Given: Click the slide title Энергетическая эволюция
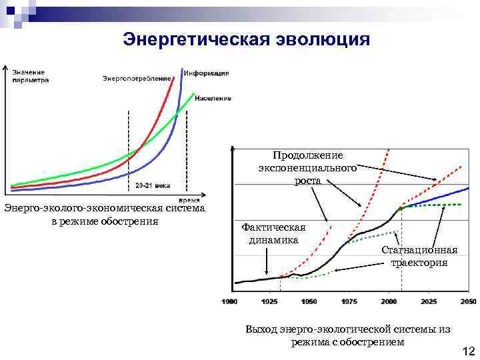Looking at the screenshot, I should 246,40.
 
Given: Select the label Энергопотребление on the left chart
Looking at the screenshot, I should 136,79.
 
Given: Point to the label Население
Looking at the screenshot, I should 213,99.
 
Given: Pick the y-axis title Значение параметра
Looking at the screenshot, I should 30,75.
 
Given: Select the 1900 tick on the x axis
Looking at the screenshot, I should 229,302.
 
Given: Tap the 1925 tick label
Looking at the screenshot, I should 269,302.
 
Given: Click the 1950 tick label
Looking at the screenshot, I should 309,302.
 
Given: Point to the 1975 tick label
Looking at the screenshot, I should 349,302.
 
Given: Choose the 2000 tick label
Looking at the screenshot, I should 389,302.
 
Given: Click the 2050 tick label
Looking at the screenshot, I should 467,302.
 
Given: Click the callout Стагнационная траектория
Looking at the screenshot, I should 419,256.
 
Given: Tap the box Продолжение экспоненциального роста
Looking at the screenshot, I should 308,167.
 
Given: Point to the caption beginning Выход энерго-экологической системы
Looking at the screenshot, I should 347,335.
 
